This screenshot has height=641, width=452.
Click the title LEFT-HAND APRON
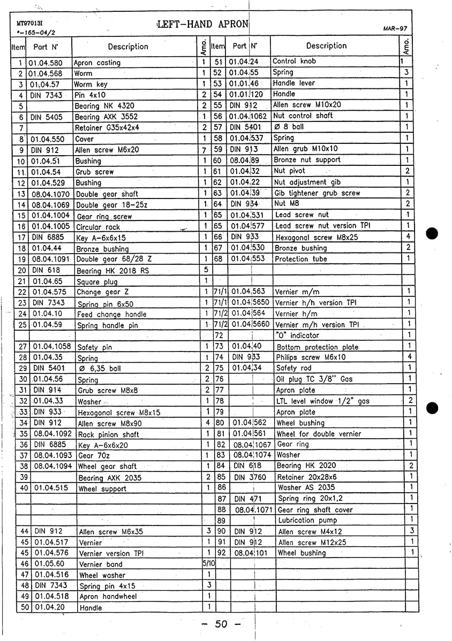203,24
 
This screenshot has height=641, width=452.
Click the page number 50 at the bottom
222,624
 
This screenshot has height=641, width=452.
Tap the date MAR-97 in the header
396,28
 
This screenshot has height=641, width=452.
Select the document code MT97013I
29,24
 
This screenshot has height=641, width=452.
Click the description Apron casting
97,63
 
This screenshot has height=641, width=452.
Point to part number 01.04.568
46,73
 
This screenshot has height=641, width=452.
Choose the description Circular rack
98,227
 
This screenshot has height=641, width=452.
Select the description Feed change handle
111,314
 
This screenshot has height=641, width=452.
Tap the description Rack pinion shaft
109,434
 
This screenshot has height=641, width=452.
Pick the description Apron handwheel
108,596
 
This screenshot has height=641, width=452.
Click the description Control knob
294,61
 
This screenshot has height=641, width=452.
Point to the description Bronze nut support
307,160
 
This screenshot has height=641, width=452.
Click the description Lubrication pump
307,520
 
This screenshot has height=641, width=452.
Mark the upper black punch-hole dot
433,234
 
